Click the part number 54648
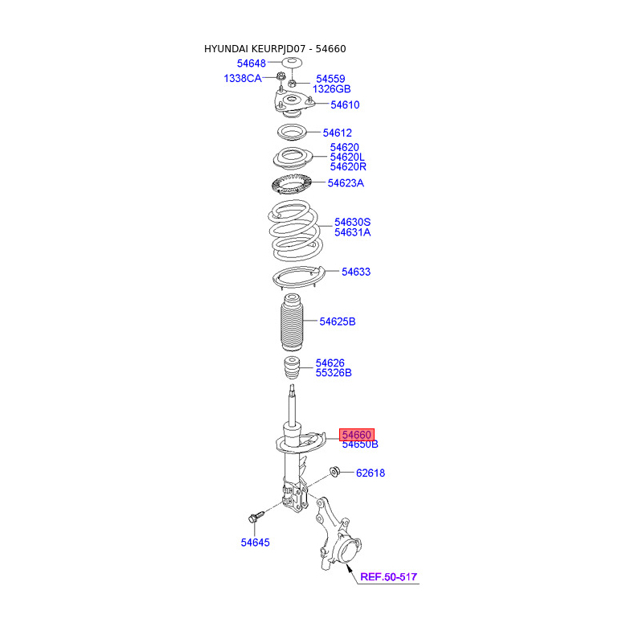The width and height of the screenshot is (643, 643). [251, 63]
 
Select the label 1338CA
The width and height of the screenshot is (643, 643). [243, 78]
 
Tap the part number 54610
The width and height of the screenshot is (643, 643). [344, 105]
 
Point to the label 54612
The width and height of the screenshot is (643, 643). [338, 133]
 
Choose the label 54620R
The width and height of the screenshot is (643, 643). [347, 167]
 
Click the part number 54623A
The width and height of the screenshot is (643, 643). [346, 183]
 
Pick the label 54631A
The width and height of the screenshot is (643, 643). [353, 233]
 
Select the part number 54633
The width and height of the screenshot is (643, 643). [356, 272]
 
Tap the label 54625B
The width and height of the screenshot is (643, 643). [338, 322]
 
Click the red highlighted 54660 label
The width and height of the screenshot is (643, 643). [357, 434]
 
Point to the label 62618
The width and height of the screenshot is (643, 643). [371, 473]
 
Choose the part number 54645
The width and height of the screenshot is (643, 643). [255, 543]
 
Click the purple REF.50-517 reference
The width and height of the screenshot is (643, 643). [389, 577]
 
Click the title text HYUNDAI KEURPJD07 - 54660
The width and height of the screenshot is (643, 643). [275, 49]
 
